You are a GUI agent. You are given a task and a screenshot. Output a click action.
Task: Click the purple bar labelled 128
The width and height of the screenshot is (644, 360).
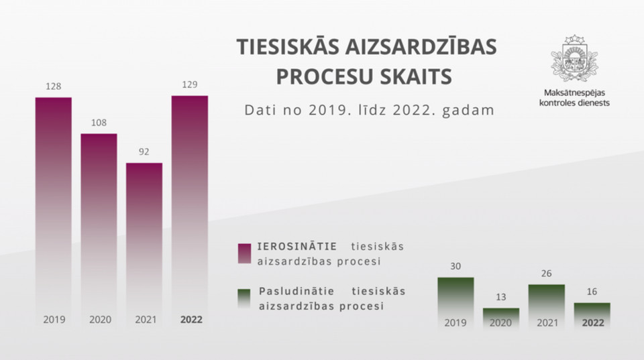54,211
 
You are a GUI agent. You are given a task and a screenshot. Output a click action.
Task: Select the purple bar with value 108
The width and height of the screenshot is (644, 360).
99,230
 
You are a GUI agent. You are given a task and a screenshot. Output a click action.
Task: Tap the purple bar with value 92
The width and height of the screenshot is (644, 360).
144,245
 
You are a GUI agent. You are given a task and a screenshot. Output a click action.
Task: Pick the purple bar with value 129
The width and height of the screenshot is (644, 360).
190,211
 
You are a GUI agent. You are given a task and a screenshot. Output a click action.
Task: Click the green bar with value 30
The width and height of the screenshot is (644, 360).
455,304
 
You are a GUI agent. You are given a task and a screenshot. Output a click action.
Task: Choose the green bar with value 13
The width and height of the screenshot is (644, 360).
501,319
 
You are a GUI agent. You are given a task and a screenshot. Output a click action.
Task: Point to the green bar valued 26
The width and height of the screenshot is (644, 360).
547,307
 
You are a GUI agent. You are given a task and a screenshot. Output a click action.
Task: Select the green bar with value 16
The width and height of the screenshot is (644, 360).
592,316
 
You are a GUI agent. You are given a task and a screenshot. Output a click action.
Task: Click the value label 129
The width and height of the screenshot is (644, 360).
190,84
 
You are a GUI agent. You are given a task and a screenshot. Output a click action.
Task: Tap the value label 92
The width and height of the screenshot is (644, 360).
144,152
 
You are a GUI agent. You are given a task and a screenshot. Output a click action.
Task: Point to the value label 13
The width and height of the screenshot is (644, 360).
500,297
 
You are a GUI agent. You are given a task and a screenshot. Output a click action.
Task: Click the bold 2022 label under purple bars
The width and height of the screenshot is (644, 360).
191,319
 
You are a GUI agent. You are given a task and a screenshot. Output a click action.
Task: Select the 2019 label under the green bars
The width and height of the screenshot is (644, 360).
455,322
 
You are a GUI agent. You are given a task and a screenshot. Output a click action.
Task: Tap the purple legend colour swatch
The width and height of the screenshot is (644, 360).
244,253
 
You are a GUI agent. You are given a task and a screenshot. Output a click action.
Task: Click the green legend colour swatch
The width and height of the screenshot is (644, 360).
244,298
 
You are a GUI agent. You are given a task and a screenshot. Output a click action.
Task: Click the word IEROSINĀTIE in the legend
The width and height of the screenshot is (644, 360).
297,246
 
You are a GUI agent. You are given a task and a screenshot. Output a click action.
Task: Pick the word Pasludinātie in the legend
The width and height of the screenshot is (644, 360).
297,291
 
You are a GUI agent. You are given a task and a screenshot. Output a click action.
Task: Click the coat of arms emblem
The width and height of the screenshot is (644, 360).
574,59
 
